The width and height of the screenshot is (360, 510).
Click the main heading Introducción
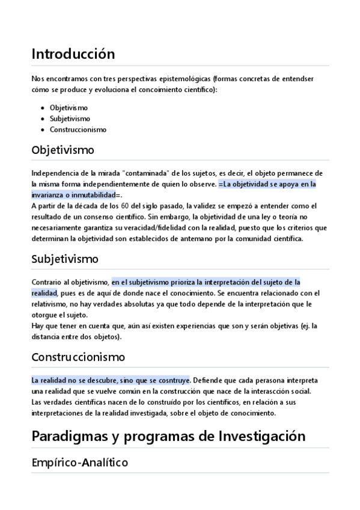tap(73, 54)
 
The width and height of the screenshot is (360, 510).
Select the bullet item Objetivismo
tap(69, 108)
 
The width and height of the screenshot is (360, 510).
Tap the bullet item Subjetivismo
tap(70, 118)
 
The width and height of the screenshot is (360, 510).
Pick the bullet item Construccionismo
tap(78, 129)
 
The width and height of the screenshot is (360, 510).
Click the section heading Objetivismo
tap(63, 149)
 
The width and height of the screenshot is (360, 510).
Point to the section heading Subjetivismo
tap(65, 259)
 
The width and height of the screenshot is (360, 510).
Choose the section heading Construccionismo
tap(78, 357)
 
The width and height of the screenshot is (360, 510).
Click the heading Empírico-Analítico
tap(79, 463)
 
